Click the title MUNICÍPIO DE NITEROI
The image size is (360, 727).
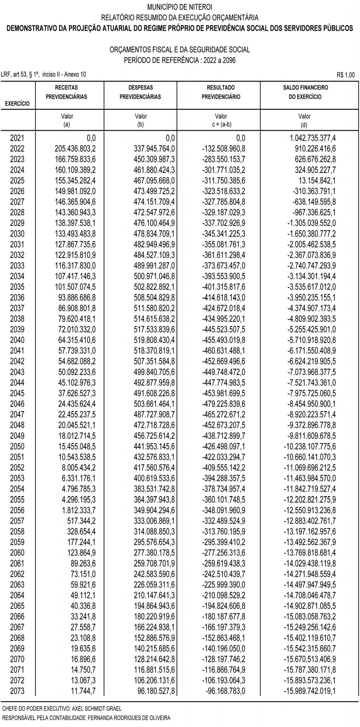[180, 7]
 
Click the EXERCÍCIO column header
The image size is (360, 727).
[17, 103]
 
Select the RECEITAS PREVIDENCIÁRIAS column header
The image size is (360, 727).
[66, 92]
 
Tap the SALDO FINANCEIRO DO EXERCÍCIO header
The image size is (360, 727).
[305, 92]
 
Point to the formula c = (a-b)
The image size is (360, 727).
[221, 124]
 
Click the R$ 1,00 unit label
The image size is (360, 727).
[345, 75]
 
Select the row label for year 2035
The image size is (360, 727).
[17, 287]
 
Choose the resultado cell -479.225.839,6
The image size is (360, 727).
[223, 404]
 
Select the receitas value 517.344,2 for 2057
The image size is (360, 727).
[81, 521]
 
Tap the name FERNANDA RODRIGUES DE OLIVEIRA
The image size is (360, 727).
[129, 718]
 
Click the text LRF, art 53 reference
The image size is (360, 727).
[43, 74]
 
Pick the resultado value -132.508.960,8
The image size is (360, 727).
[223, 149]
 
